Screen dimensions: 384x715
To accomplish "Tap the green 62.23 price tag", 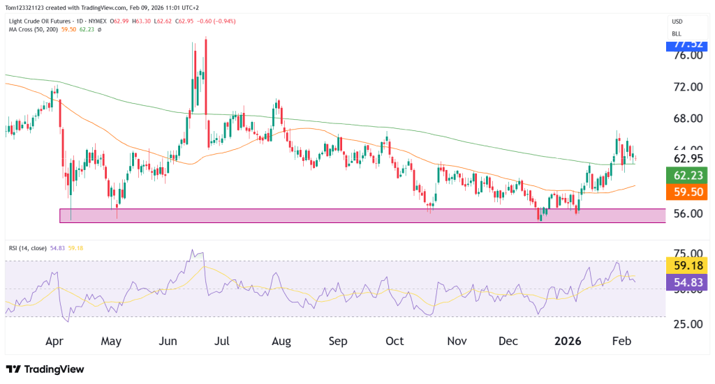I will click(x=687, y=175).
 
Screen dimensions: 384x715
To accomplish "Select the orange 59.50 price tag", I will click(x=687, y=192).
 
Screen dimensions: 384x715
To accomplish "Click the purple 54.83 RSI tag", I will click(x=687, y=282).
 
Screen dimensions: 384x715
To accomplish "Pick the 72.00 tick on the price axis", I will click(x=686, y=87).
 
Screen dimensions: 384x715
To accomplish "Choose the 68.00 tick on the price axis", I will click(x=686, y=118).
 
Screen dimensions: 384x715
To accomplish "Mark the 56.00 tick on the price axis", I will click(x=686, y=213).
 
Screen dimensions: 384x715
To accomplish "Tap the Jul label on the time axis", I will click(x=222, y=341).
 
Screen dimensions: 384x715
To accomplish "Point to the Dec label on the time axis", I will click(x=508, y=341).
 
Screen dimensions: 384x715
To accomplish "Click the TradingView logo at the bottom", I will click(x=45, y=369).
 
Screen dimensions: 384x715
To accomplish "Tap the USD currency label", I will click(x=677, y=22).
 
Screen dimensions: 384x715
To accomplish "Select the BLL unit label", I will click(x=677, y=33).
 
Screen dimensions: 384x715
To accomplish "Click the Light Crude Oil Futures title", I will click(x=41, y=22).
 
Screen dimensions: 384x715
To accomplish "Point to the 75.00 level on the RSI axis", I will click(x=686, y=254).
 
